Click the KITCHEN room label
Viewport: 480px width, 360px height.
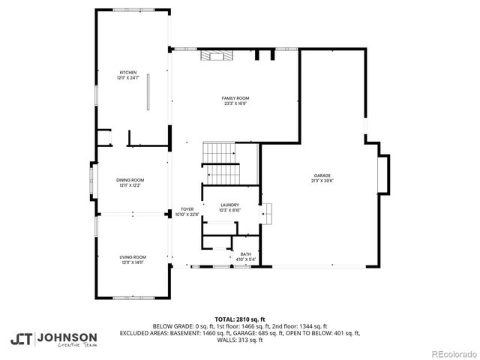point(127,73)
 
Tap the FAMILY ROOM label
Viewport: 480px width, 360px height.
point(235,98)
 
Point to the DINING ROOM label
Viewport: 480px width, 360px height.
point(130,180)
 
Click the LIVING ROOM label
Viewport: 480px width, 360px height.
point(133,257)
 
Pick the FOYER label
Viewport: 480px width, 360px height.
point(186,209)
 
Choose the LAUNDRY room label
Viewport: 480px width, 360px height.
point(229,205)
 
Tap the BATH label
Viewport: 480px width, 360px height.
point(245,254)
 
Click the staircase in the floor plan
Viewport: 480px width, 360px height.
point(220,163)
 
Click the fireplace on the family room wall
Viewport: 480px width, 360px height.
point(217,54)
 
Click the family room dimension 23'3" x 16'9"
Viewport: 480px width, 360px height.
point(235,103)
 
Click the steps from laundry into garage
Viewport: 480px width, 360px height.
point(267,213)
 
